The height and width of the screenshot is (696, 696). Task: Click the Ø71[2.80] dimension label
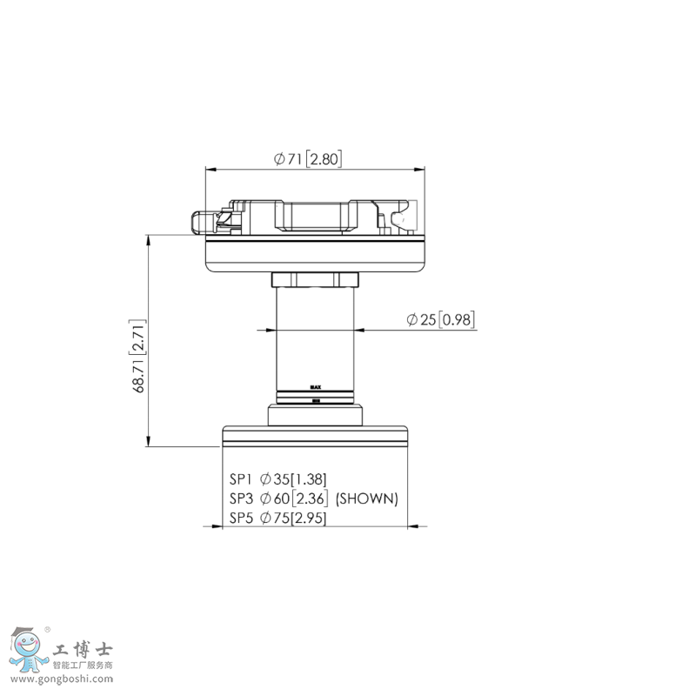[x=307, y=158]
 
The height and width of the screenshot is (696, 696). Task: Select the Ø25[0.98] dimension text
[x=440, y=320]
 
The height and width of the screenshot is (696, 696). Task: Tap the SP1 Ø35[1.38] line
[x=278, y=478]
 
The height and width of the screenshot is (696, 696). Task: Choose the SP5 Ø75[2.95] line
[x=278, y=519]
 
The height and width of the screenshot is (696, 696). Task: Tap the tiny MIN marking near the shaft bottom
[x=316, y=400]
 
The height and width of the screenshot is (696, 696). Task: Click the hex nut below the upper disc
[x=315, y=280]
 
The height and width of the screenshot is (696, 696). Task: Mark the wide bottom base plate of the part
[x=315, y=434]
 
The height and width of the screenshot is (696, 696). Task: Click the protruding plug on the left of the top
[x=203, y=222]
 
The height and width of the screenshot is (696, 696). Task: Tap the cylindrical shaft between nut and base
[x=315, y=339]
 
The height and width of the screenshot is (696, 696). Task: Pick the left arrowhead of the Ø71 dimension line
[x=210, y=168]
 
